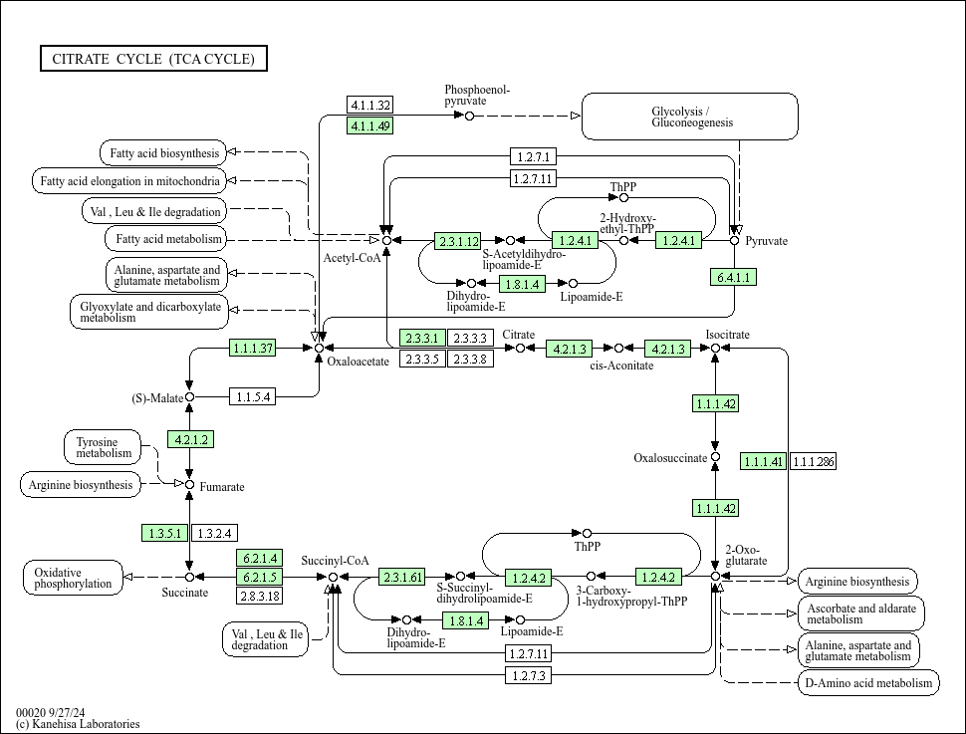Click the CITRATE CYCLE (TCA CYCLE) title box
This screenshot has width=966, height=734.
(x=153, y=59)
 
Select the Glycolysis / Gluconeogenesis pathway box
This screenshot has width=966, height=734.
(x=689, y=117)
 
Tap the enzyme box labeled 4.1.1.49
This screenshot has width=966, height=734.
(x=370, y=125)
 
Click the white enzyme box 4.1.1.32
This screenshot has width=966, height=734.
(x=370, y=106)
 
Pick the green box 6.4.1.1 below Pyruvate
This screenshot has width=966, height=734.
(x=734, y=277)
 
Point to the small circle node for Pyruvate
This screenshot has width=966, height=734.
(x=735, y=240)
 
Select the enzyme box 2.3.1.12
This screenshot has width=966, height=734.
(x=458, y=241)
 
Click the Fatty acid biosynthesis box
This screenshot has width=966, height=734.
(x=162, y=153)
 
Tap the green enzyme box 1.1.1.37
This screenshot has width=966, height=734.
(x=252, y=349)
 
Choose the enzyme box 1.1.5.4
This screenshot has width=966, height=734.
(x=252, y=397)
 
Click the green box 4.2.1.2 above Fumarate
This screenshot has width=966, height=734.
(x=190, y=440)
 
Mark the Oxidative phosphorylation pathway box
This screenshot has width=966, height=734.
(x=73, y=578)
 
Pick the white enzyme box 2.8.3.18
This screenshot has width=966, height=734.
(x=259, y=596)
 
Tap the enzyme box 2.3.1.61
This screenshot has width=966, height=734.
(x=402, y=577)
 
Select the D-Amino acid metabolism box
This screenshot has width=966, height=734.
(x=867, y=682)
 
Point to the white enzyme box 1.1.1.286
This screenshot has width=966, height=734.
(x=813, y=461)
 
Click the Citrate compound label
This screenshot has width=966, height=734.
(x=518, y=335)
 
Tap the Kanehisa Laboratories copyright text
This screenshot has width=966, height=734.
(x=78, y=724)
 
